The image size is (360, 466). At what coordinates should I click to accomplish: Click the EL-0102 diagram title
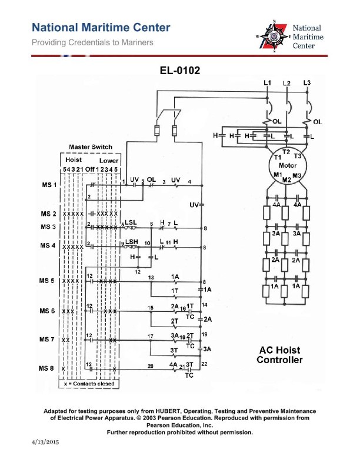(x=180, y=71)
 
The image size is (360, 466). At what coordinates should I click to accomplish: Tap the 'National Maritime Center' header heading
(x=101, y=28)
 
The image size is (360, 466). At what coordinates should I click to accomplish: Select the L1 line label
(x=266, y=84)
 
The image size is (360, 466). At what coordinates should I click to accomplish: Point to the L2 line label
(x=286, y=84)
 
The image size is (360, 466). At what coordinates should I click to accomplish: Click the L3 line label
(x=307, y=83)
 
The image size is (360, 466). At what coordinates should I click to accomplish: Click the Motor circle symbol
(x=286, y=165)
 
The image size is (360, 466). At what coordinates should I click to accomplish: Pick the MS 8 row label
(x=49, y=369)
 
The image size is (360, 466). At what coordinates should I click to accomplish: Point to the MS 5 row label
(x=49, y=281)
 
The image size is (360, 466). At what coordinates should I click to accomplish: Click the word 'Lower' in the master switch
(x=108, y=160)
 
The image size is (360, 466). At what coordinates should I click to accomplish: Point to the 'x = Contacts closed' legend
(x=89, y=384)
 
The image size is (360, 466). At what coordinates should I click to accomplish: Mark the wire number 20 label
(x=150, y=366)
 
